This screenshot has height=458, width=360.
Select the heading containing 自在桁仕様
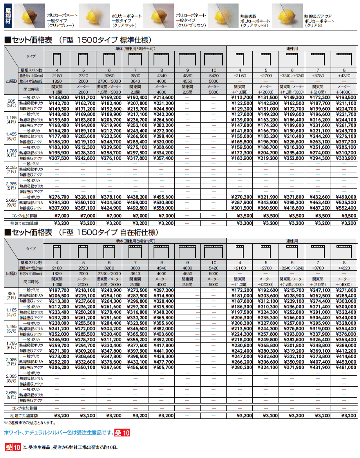[x=81, y=232]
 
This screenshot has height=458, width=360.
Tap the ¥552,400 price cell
[x=344, y=208]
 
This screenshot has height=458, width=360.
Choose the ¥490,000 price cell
[x=344, y=197]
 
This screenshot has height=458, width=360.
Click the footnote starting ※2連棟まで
[x=30, y=423]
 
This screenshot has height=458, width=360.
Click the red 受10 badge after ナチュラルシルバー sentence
[x=122, y=433]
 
